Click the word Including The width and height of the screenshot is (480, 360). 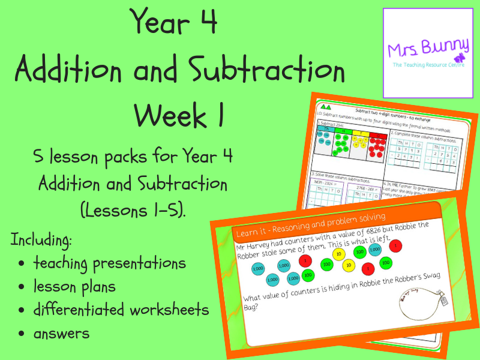tap(42, 241)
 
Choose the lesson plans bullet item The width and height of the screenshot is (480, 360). tap(74, 286)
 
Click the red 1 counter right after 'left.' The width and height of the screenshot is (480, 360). tap(398, 245)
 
